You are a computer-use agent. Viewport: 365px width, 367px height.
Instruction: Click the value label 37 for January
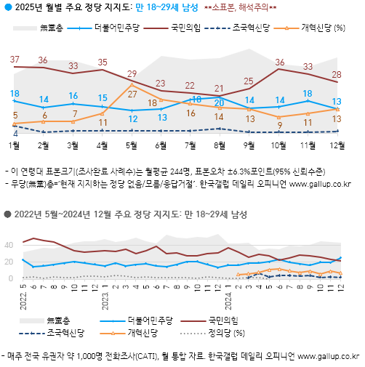point(15,59)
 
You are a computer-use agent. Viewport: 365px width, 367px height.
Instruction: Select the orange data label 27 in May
point(132,94)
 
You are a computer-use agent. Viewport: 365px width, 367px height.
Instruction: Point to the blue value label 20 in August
point(219,102)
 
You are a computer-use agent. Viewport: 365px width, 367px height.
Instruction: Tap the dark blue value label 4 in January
point(15,134)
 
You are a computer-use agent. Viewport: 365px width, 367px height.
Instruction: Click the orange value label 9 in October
point(278,125)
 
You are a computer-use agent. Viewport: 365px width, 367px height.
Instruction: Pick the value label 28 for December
point(337,74)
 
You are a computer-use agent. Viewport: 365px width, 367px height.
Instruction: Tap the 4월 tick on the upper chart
point(103,146)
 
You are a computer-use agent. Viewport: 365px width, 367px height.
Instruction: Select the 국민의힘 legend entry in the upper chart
point(185,29)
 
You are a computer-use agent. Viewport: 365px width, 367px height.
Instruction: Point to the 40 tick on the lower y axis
point(10,244)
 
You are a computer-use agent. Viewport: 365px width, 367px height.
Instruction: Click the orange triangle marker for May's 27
point(132,84)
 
